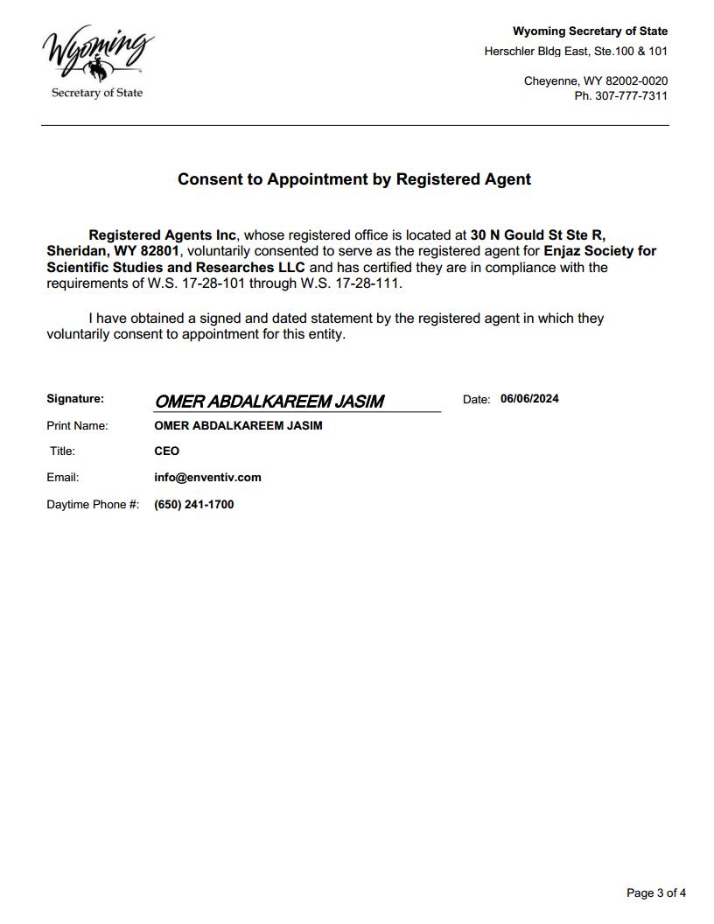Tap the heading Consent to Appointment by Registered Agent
[x=354, y=179]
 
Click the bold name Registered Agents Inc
[x=163, y=235]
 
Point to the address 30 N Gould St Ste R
[x=537, y=235]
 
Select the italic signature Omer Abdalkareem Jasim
[x=269, y=402]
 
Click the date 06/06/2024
[x=529, y=399]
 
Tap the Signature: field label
[x=75, y=399]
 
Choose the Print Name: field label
[x=77, y=426]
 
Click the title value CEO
[x=166, y=451]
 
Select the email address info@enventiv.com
[x=207, y=478]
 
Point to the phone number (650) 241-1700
[x=193, y=505]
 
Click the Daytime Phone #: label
[x=93, y=505]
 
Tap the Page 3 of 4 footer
[x=656, y=893]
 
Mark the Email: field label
[x=63, y=478]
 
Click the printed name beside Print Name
[x=238, y=426]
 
